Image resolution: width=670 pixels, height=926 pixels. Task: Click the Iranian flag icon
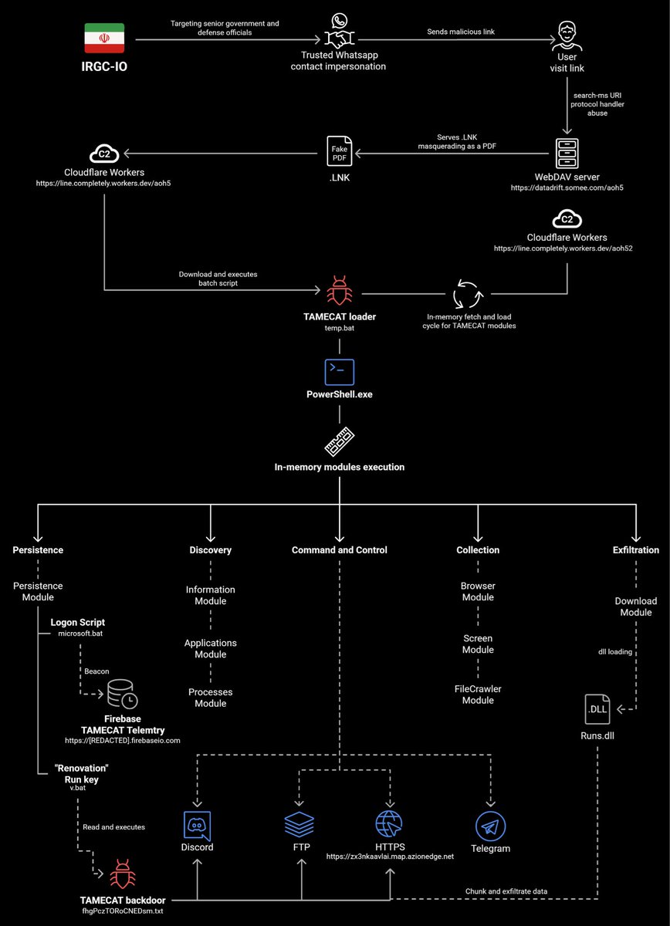point(104,38)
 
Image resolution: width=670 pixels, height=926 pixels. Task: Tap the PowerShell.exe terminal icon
point(339,372)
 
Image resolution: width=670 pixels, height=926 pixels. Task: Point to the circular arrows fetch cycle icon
point(467,294)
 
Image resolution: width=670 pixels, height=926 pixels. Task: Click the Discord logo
point(198,825)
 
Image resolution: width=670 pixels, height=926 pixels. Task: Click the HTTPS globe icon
point(390,825)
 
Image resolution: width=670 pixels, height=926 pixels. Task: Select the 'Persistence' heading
point(38,550)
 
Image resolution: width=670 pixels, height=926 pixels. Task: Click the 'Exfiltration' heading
point(636,550)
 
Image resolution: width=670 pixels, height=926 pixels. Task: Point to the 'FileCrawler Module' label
point(478,694)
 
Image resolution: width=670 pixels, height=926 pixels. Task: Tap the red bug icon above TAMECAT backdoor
point(121,874)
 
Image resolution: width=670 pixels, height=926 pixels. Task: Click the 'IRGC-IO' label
point(104,68)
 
